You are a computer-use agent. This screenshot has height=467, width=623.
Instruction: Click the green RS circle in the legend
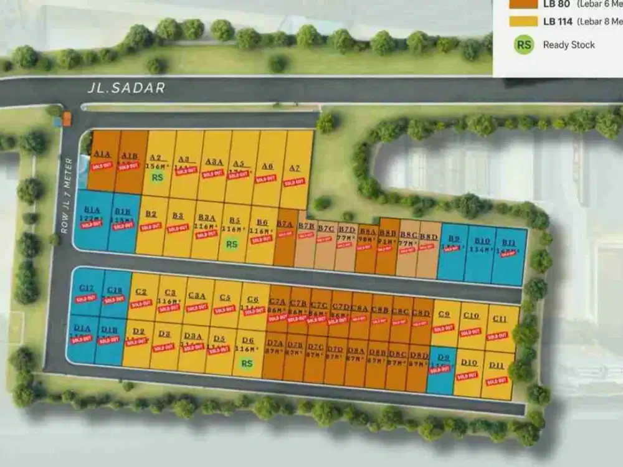[523, 45]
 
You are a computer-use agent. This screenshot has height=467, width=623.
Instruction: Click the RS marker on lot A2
[158, 177]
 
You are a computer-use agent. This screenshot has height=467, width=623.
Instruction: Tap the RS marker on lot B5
[232, 244]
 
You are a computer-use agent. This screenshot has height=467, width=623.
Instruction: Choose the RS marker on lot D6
[247, 364]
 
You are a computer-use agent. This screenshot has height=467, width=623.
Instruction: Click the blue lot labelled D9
[443, 370]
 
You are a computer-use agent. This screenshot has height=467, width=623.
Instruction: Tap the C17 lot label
[87, 288]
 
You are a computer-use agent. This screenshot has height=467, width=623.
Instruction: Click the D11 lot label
[497, 366]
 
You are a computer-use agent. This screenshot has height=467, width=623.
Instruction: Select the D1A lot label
[82, 328]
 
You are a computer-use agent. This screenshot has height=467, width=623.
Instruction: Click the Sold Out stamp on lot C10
[470, 332]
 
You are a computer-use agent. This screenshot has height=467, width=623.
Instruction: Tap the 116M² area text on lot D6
[248, 350]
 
